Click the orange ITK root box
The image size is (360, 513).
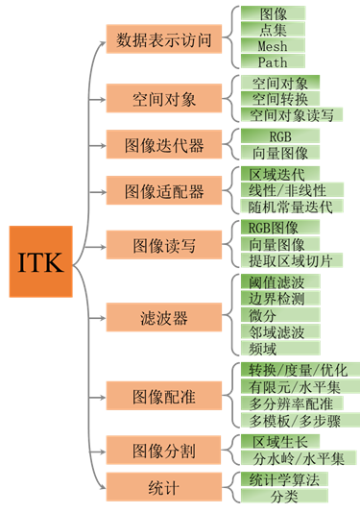40,262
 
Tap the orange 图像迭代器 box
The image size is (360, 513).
162,145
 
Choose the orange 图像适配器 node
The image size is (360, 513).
162,189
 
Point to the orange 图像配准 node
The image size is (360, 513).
162,394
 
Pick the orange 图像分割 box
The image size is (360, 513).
162,449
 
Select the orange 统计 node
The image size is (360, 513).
162,487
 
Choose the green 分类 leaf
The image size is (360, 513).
283,496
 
